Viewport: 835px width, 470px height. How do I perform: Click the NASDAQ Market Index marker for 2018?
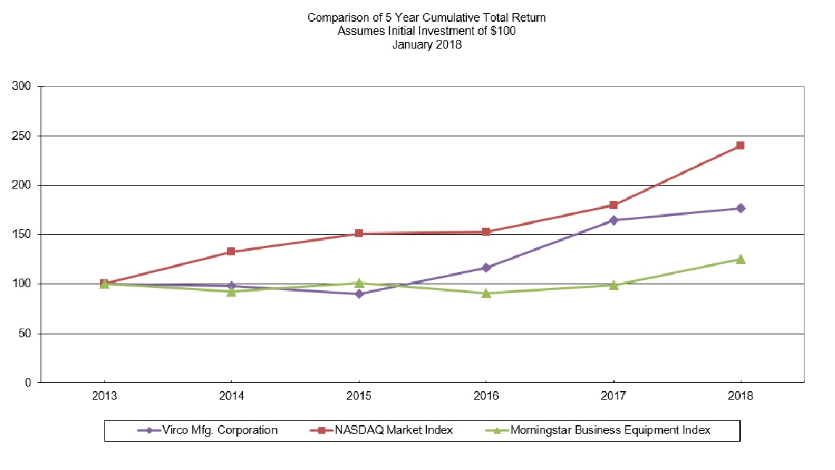tap(740, 145)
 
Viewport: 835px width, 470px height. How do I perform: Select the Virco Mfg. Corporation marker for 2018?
tap(740, 208)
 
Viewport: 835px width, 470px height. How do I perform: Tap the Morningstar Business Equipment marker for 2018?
tap(740, 259)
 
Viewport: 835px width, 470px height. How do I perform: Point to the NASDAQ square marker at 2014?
tap(231, 252)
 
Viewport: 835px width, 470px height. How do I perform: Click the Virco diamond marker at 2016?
tap(486, 268)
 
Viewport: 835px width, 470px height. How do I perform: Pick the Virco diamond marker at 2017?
tap(613, 220)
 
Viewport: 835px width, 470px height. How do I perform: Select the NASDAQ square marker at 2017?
tap(613, 205)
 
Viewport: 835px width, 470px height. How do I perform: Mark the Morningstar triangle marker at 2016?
tap(486, 293)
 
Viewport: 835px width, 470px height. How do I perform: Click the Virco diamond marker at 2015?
tap(359, 294)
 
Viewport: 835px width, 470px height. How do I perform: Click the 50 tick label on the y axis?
tap(25, 334)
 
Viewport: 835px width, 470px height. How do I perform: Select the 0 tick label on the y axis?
tap(28, 383)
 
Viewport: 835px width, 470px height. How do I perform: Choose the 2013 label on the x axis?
tap(104, 397)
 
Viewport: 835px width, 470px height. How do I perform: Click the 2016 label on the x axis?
tap(486, 397)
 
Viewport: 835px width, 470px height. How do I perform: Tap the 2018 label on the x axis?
tap(740, 397)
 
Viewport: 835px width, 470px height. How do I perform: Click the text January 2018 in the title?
tap(426, 44)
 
